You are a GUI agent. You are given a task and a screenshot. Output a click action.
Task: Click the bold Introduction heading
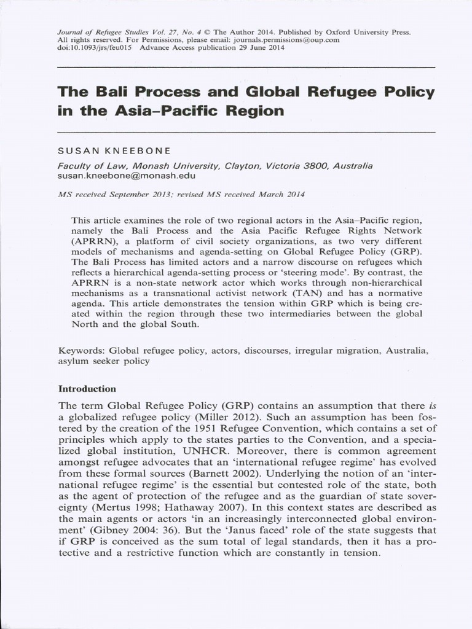(x=87, y=389)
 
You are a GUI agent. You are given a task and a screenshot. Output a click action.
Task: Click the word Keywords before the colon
(x=79, y=351)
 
